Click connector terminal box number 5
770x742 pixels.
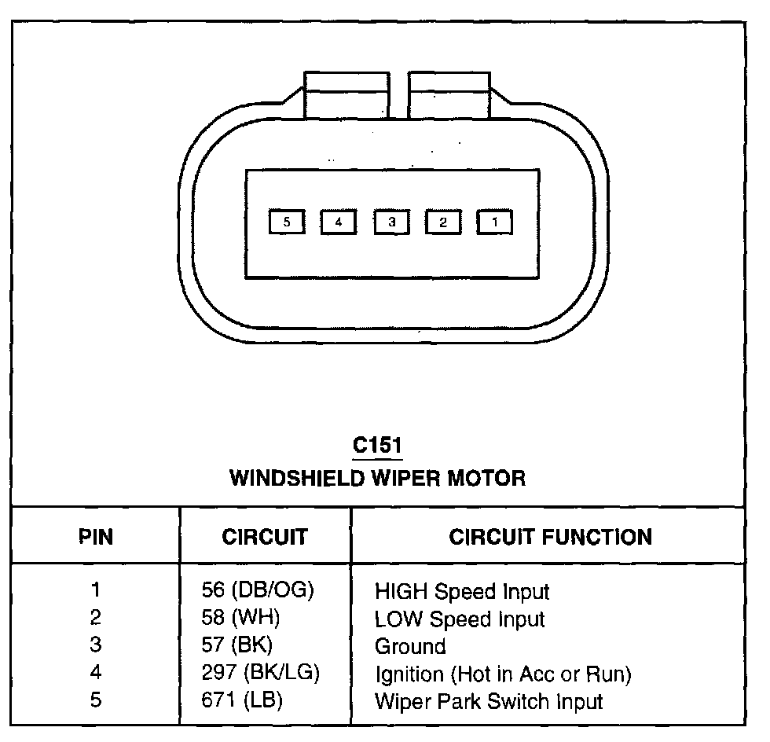(x=287, y=222)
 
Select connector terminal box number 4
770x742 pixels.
(x=339, y=222)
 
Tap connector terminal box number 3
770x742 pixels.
(x=391, y=222)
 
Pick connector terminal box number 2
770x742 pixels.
(x=443, y=222)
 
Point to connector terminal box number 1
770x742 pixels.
(x=495, y=222)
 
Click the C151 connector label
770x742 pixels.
(x=377, y=446)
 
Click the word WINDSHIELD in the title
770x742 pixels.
(x=295, y=478)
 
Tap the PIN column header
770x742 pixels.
(x=96, y=538)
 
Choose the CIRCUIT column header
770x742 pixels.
(x=265, y=538)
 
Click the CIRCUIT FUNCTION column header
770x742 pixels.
(x=550, y=538)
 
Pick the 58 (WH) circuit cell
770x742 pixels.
(x=240, y=618)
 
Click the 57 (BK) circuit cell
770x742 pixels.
(x=236, y=645)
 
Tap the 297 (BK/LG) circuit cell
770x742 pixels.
(x=260, y=673)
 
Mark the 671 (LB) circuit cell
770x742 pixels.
(x=241, y=700)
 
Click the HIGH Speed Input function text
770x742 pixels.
(x=462, y=592)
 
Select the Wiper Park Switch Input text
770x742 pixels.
(x=488, y=701)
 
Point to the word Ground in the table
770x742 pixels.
(x=410, y=646)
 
